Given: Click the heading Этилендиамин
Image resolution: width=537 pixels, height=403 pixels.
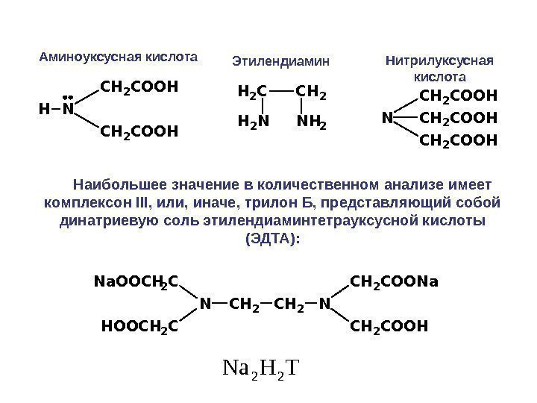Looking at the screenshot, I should (281, 60).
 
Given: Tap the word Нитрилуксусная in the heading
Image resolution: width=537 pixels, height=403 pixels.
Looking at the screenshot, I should (439, 60).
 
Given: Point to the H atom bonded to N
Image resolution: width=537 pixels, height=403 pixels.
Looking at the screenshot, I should (43, 110).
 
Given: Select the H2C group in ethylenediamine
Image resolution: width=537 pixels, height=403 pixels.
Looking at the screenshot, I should (251, 93).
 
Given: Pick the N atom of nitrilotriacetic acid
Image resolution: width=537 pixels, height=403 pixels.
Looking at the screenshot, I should (387, 118).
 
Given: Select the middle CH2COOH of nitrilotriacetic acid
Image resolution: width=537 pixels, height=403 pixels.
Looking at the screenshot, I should (458, 118).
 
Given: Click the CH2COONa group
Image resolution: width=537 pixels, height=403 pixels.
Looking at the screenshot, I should (395, 282).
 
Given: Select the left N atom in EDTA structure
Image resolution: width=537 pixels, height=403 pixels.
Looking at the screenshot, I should (204, 304).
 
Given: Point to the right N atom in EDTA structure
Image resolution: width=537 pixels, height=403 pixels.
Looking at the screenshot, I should (324, 304).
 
